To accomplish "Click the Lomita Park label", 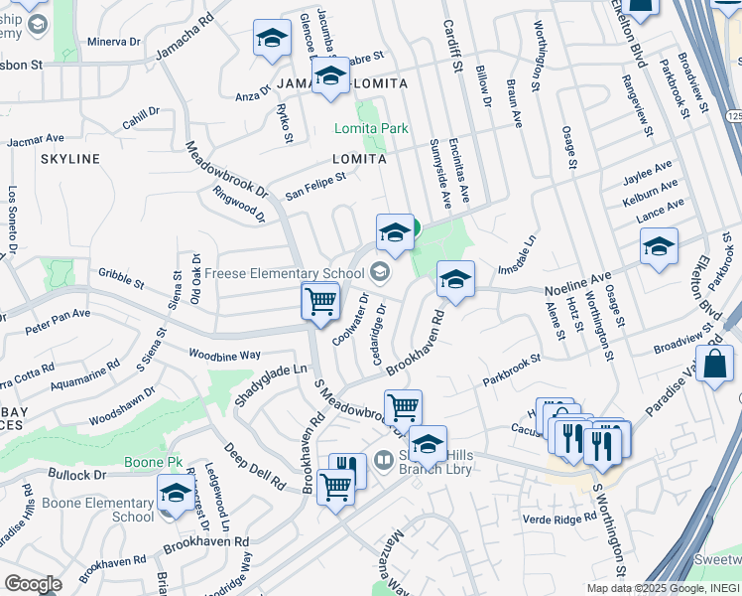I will click(x=371, y=129).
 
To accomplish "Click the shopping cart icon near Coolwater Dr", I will click(x=320, y=300).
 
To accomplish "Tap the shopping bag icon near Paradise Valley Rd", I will click(x=716, y=364).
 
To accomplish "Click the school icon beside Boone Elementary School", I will click(x=176, y=493).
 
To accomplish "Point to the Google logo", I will click(x=33, y=584).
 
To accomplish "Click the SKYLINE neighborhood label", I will click(x=69, y=159).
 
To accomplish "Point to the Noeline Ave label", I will click(x=577, y=285).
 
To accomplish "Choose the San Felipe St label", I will click(x=315, y=185).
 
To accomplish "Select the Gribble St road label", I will click(x=121, y=277).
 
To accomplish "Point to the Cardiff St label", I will click(x=453, y=45).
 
